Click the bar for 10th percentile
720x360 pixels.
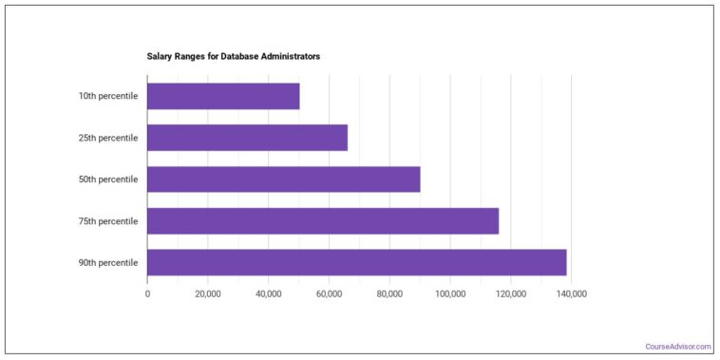pos(223,96)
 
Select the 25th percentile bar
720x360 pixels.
pos(247,138)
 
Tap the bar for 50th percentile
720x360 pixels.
pos(283,180)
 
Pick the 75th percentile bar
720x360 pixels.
pos(323,221)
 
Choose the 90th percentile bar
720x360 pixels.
pos(356,263)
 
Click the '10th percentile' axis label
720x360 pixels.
pos(108,96)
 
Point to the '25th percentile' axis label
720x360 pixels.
pos(108,138)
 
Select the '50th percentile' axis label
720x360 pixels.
pos(108,180)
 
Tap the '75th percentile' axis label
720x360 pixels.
pos(108,221)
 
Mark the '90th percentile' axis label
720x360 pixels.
pos(108,263)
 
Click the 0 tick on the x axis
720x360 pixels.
pos(147,294)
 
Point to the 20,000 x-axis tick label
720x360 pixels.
pos(208,294)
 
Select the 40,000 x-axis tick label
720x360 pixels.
pos(269,294)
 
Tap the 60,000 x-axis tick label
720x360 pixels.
pos(329,294)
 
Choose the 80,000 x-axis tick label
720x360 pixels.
pos(389,294)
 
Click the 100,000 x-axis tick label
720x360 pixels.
pos(450,294)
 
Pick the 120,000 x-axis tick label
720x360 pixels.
pos(511,294)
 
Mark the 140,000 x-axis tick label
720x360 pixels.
pos(571,294)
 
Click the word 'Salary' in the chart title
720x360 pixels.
pos(160,57)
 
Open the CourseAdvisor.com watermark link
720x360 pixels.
pos(678,347)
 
